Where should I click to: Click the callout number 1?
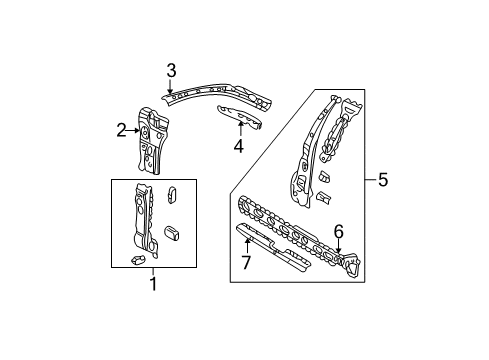(153, 284)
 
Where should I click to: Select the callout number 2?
(121, 130)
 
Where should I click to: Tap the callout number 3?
(171, 71)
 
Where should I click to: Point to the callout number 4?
(239, 146)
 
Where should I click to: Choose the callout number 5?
(383, 180)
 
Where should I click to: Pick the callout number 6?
(339, 232)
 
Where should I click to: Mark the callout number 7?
(246, 262)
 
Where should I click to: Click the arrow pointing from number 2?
(133, 130)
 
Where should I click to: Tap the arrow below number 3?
(170, 86)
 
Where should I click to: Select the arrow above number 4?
(240, 129)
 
